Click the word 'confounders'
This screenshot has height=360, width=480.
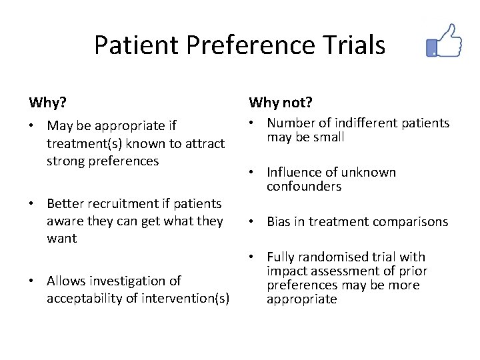pyautogui.click(x=304, y=187)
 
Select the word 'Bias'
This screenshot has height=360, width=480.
pyautogui.click(x=279, y=222)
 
